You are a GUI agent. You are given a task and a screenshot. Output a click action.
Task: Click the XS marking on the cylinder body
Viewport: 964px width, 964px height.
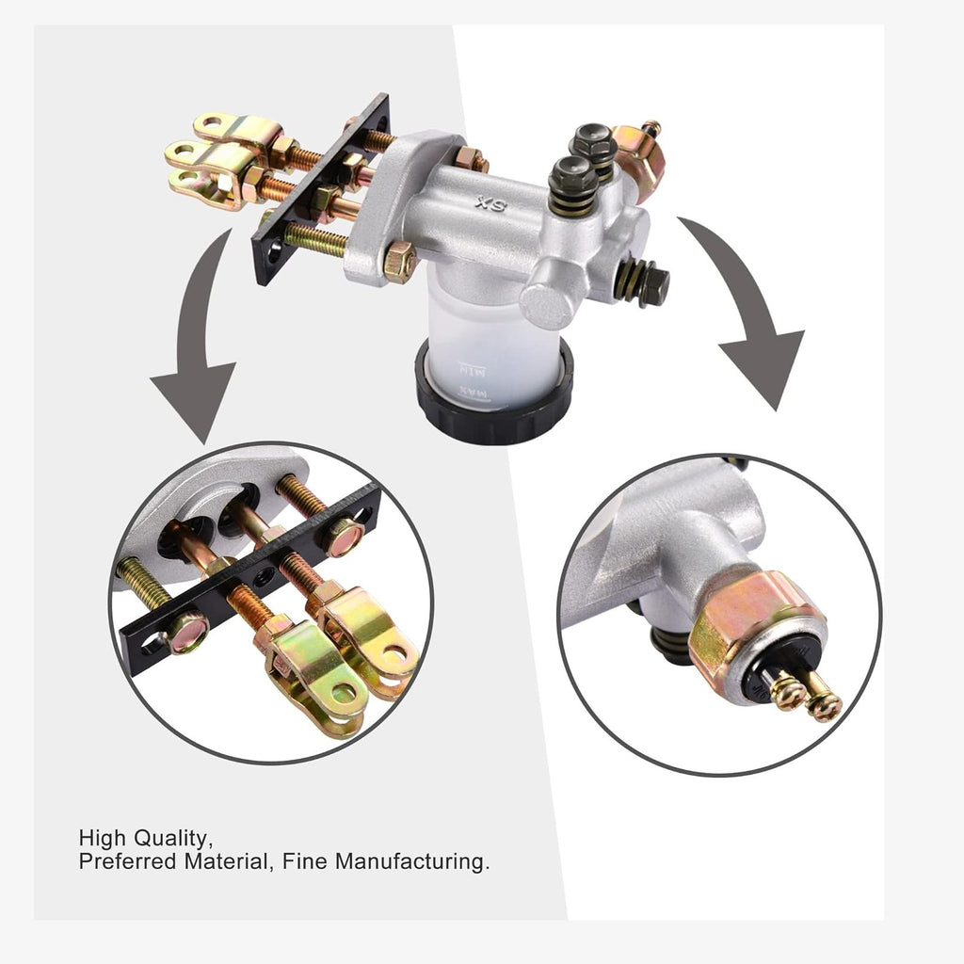coord(491,204)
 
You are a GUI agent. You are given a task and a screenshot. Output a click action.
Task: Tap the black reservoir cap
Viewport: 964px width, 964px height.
coord(493,399)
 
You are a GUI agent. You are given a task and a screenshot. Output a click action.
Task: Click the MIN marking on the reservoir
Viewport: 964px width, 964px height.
coord(473,370)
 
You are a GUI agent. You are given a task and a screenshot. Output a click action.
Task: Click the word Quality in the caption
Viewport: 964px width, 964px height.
coord(172,839)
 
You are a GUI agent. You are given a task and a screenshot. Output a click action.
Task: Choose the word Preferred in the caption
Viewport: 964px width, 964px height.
coord(128,861)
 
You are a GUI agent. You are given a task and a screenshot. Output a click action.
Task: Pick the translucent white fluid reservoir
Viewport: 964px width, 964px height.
coord(491,345)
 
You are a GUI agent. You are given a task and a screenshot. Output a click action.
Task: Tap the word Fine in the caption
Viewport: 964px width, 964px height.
coord(305,861)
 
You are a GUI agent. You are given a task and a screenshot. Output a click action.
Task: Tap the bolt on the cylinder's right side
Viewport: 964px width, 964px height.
coord(643,282)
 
